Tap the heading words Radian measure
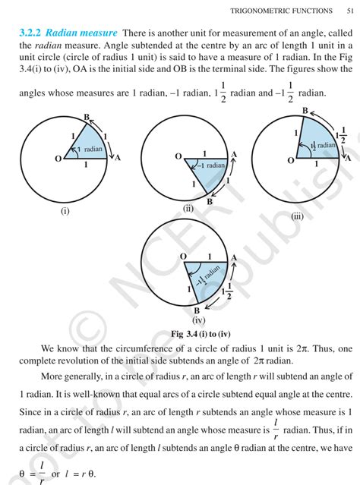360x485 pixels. coord(81,34)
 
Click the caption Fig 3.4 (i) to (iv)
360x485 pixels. coord(180,333)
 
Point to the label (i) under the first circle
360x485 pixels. coord(65,212)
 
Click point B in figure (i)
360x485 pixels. coord(87,117)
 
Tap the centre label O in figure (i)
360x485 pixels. coord(58,159)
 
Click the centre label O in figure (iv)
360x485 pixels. coord(183,257)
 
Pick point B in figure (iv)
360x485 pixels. coord(196,310)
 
